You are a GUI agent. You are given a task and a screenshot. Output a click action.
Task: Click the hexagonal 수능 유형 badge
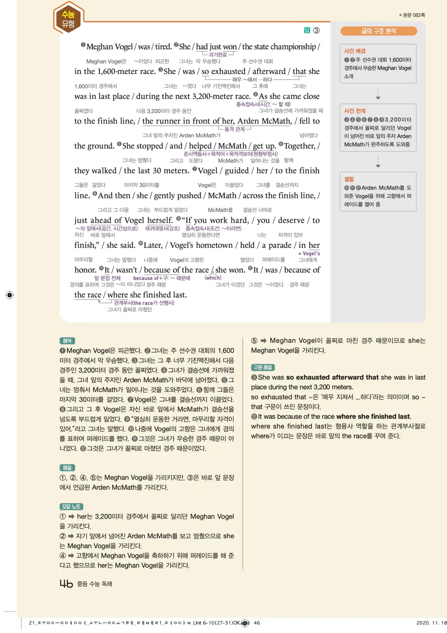click(68, 18)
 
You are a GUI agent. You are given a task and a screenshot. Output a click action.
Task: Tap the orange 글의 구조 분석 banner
click(379, 31)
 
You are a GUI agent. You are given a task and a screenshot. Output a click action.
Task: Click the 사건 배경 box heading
click(355, 51)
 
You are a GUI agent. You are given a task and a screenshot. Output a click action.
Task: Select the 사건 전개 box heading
click(355, 111)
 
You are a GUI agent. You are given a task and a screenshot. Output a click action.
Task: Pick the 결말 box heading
click(349, 179)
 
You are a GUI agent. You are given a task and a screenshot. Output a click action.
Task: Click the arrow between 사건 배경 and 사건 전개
click(378, 93)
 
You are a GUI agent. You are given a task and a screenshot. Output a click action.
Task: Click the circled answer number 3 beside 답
click(316, 30)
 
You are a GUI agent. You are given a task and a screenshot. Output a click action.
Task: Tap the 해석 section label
click(67, 341)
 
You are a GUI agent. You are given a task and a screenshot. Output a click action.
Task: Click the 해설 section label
click(67, 468)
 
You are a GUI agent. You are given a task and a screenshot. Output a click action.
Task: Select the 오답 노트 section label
click(71, 507)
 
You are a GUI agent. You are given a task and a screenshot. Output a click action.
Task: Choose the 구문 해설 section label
click(263, 367)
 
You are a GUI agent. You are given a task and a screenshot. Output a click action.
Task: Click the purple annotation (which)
click(213, 278)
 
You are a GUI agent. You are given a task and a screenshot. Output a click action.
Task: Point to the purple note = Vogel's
click(309, 253)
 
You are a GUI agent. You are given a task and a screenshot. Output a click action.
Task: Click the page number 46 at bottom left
click(66, 584)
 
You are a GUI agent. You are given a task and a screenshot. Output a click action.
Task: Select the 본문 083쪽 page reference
click(413, 15)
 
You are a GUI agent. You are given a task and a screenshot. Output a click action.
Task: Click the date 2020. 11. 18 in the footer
click(431, 623)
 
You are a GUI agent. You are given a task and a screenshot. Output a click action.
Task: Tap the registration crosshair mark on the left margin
click(10, 295)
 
